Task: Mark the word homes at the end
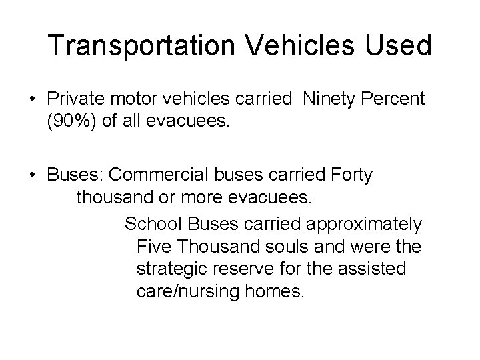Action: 276,292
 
